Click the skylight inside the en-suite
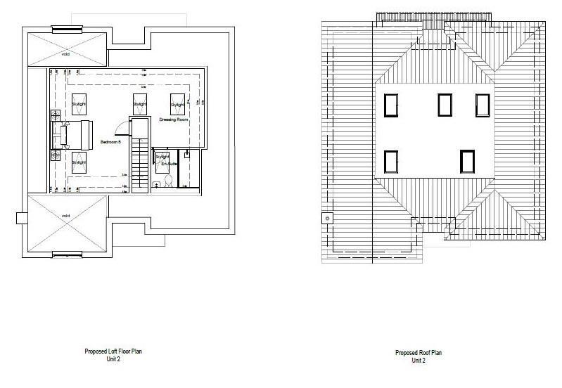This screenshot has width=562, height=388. tap(162, 159)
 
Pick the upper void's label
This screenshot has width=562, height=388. tap(65, 52)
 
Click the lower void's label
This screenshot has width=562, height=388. tap(65, 215)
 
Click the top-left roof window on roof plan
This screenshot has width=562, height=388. tap(392, 105)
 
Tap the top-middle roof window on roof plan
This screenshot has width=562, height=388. tap(445, 105)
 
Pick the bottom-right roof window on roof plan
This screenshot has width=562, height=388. tap(467, 161)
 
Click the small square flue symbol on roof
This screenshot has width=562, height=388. tap(326, 217)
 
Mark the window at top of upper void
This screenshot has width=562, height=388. tap(65, 30)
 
